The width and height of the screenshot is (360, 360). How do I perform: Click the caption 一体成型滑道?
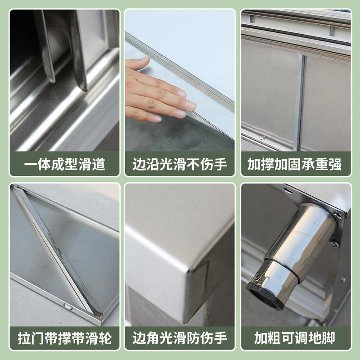[65, 164]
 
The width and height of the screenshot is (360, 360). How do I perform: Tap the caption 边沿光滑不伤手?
[180, 164]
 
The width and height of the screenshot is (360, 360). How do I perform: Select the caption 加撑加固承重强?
[295, 164]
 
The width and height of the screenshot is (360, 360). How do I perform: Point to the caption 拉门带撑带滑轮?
[65, 338]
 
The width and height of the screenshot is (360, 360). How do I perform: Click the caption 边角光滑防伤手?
[180, 338]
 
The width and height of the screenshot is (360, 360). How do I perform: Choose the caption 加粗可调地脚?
[295, 338]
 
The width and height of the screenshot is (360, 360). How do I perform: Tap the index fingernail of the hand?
[189, 105]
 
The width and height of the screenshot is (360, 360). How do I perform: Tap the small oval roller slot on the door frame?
[67, 306]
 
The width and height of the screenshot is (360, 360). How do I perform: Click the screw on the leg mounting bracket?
[334, 244]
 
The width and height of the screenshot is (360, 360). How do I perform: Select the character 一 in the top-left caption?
[30, 164]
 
